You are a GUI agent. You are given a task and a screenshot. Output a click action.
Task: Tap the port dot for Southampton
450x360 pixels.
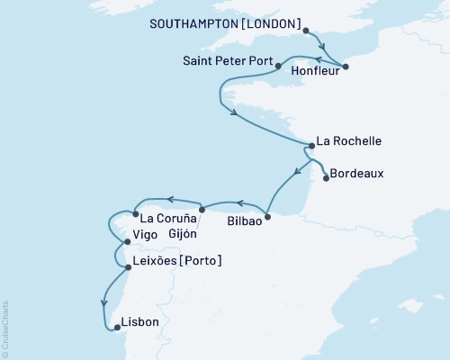[x=307, y=31]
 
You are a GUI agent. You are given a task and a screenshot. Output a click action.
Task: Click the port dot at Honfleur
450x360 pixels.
[x=346, y=66]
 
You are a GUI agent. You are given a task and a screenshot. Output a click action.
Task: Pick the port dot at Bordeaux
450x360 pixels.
[x=326, y=177]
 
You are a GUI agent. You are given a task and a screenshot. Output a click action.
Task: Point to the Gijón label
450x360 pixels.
[x=184, y=232]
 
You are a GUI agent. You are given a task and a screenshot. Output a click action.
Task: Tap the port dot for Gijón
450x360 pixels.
[x=201, y=210]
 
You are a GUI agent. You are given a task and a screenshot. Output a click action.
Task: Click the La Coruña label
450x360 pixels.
[x=166, y=217]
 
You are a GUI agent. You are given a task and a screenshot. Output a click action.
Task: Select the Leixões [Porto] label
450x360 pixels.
[x=176, y=261]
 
